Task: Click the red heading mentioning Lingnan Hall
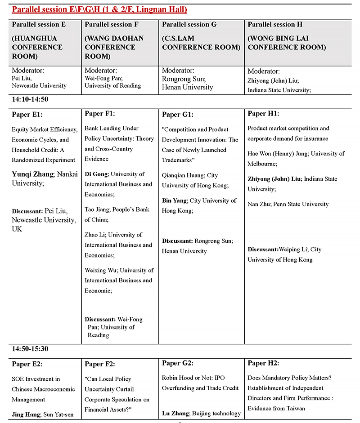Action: [99, 9]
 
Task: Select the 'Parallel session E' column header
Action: [39, 24]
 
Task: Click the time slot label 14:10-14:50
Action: [30, 99]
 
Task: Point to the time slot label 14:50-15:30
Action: [30, 349]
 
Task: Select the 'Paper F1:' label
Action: [99, 114]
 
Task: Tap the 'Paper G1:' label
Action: [177, 115]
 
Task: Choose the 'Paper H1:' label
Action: [263, 114]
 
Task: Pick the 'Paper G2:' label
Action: [177, 363]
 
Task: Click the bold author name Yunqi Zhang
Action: [33, 174]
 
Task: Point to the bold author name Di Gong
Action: [96, 174]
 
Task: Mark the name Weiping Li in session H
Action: [293, 249]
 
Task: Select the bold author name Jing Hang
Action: [27, 414]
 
